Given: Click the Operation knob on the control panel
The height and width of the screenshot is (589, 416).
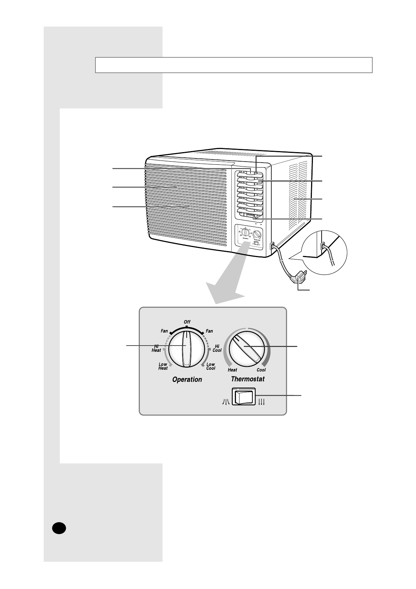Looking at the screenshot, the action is tap(186, 349).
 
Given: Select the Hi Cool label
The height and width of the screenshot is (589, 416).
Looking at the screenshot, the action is tap(217, 348).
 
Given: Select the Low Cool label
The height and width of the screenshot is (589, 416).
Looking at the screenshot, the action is tap(210, 366).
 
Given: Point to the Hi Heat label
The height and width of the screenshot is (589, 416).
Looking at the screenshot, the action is tap(156, 348).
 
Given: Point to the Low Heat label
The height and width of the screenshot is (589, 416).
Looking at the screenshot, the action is tap(163, 366).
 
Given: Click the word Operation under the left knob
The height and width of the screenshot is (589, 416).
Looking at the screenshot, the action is tap(187, 379).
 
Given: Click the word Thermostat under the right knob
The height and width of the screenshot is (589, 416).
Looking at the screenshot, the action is tap(248, 379).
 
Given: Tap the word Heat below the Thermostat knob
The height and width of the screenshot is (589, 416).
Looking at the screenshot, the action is tap(232, 370).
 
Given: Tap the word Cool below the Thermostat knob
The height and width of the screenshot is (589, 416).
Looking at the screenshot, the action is tap(261, 370).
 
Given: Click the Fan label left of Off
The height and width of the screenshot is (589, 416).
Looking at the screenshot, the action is tap(164, 331).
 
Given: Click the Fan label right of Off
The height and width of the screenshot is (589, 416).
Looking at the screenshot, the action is tap(209, 331).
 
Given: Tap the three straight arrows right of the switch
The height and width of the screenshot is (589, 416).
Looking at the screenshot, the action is tap(261, 402).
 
